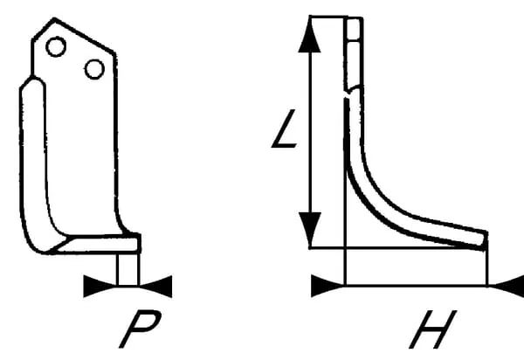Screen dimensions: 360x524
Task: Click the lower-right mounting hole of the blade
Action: pos(93,68)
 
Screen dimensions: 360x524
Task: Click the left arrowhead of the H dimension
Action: pos(327,285)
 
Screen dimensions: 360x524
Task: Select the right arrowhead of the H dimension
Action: pos(506,285)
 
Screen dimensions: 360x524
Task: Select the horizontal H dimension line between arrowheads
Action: pos(416,285)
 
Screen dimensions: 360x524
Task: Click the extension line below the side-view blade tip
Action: pos(486,267)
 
